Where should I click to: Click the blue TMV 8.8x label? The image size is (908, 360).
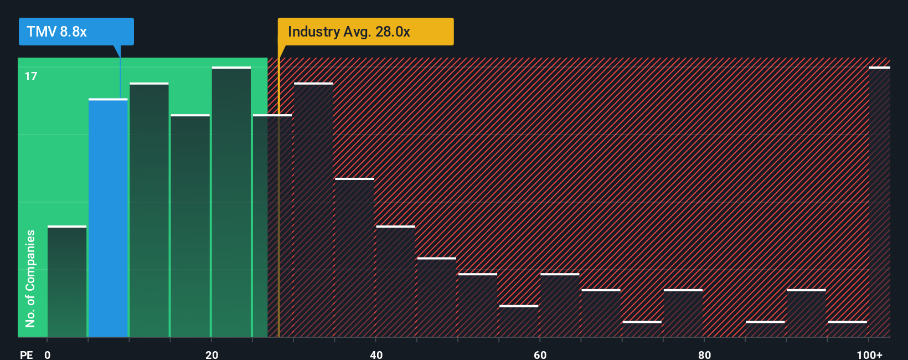(x=76, y=32)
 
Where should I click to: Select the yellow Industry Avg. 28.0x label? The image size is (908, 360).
(x=365, y=32)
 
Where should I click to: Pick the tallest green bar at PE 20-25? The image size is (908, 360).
(x=231, y=202)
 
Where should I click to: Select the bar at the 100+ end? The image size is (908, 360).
(x=879, y=202)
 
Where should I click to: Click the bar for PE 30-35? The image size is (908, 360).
(x=313, y=210)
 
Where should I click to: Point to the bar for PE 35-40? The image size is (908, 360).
(x=354, y=258)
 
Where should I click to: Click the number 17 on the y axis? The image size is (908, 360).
(x=31, y=76)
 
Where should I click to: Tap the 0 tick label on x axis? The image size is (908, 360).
(x=48, y=354)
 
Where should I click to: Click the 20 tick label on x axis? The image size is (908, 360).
(x=211, y=354)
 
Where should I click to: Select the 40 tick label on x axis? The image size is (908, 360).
(x=376, y=354)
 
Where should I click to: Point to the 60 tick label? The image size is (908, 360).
(x=540, y=354)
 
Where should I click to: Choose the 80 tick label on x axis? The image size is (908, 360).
(x=704, y=354)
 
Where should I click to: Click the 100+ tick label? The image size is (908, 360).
(x=869, y=354)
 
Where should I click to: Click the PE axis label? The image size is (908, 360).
(x=26, y=354)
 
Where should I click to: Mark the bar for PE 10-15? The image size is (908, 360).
(x=149, y=210)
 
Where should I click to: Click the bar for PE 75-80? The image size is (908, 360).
(x=683, y=313)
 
